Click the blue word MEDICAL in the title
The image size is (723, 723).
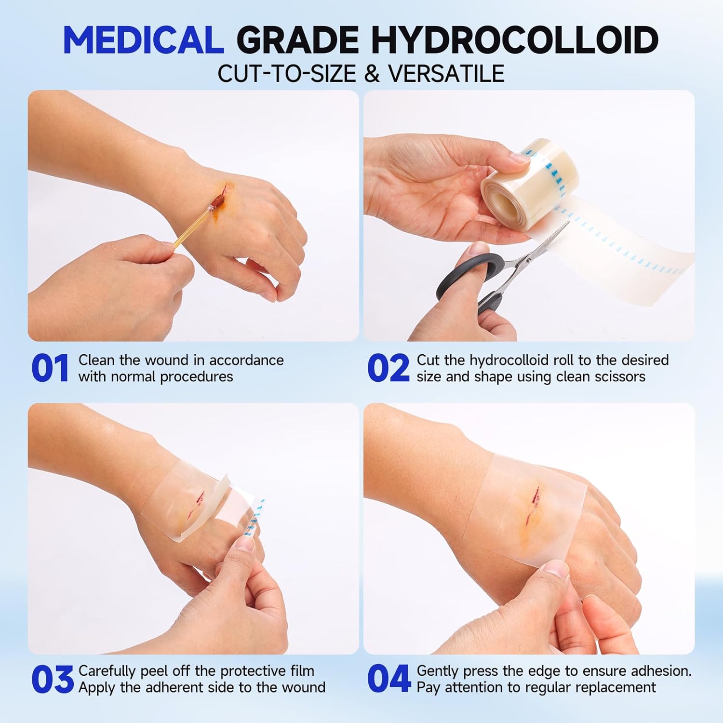click(x=143, y=40)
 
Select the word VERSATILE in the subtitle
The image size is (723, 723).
click(x=446, y=74)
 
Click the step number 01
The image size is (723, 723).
click(x=50, y=369)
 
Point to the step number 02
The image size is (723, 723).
click(x=388, y=369)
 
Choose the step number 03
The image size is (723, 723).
click(x=52, y=680)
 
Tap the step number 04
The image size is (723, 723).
click(x=388, y=680)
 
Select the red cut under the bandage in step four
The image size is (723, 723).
click(x=533, y=506)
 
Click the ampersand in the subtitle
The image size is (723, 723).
click(x=372, y=74)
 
